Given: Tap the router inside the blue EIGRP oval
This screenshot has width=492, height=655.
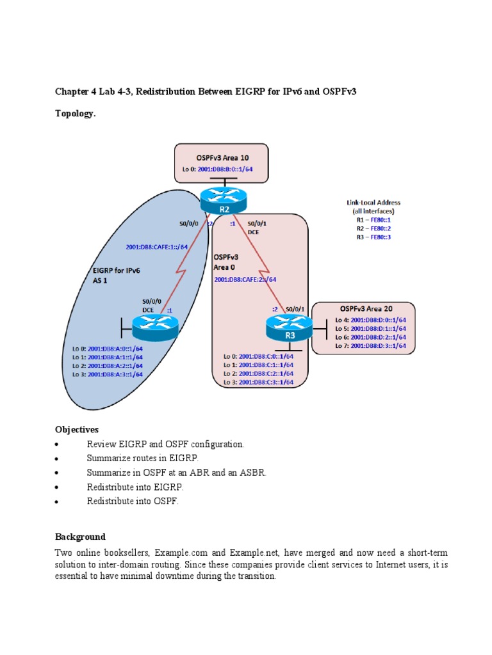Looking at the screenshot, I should (153, 329).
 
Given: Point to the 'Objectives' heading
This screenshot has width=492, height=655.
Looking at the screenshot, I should (77, 429).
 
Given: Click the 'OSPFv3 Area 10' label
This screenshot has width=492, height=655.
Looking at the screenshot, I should (221, 157).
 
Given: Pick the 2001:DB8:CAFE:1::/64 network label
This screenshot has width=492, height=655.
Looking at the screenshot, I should (157, 247).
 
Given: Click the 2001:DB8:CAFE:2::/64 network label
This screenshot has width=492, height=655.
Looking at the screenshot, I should (245, 279).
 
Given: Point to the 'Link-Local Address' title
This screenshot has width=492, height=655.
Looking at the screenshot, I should (373, 203).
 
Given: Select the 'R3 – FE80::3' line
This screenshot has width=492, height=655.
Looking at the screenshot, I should (373, 237).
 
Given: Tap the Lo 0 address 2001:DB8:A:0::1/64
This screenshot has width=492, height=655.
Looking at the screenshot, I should (108, 349).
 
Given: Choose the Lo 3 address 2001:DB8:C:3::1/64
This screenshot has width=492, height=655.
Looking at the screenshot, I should (258, 382).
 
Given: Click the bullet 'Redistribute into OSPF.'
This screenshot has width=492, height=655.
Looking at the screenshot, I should (133, 501).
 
